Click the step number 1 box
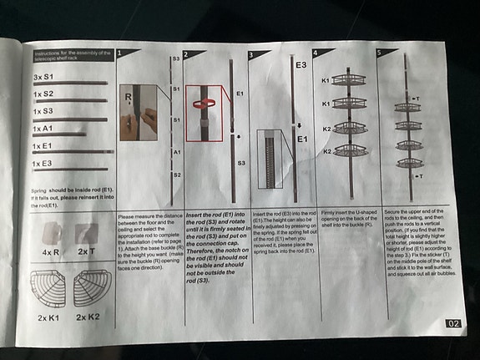[122, 53]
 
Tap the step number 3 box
[253, 55]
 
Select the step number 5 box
[381, 53]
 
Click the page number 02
[454, 323]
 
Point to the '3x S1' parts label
[44, 76]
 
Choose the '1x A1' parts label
[43, 128]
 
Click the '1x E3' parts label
[43, 164]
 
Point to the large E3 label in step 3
[300, 63]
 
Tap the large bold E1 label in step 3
[306, 140]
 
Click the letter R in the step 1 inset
[129, 96]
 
